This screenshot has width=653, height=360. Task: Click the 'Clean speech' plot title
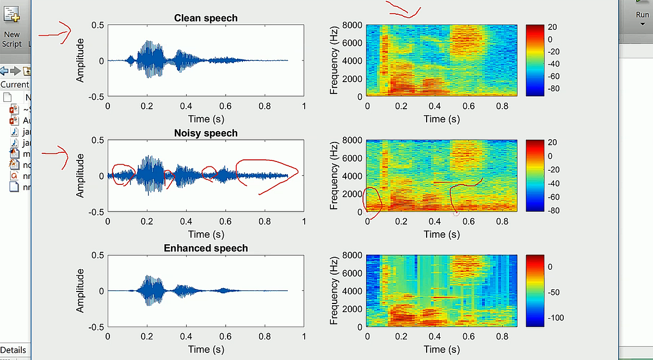pos(206,18)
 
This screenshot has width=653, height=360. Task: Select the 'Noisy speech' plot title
pos(206,133)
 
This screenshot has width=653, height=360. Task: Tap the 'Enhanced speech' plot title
pos(206,249)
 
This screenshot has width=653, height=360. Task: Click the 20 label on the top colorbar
pos(552,27)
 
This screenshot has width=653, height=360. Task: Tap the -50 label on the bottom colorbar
pos(553,293)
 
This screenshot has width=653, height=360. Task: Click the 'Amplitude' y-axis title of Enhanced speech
pos(81,291)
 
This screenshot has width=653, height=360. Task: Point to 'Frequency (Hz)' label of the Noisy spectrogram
pos(334,176)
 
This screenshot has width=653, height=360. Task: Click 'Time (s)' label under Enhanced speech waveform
pos(206,349)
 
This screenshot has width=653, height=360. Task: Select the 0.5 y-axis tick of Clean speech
pos(98,25)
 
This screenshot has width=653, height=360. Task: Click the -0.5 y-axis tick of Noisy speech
pos(96,212)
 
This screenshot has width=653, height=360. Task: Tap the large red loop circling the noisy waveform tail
pos(267,175)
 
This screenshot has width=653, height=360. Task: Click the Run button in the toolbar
pos(642,15)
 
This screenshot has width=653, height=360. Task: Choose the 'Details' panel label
pos(13,350)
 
